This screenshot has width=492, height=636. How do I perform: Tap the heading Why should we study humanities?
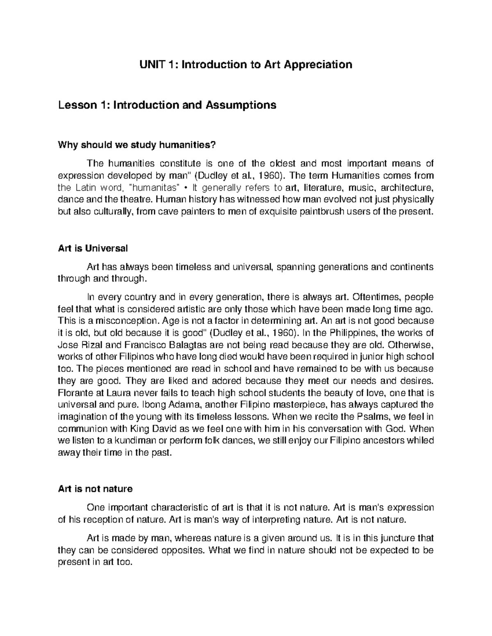coord(137,145)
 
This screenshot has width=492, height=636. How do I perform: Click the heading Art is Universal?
coord(93,248)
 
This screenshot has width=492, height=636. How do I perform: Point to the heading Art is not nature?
coord(96,489)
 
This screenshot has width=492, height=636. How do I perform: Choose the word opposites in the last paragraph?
coord(184,550)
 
